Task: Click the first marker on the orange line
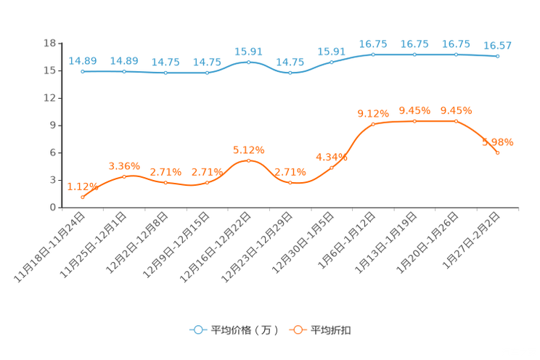(83, 197)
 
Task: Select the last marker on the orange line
(498, 152)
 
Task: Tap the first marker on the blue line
(83, 71)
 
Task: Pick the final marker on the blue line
(497, 56)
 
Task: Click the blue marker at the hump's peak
(249, 62)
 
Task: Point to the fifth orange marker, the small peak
(249, 160)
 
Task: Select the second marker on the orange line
(125, 176)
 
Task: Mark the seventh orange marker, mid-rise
(332, 167)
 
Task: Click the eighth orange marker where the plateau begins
(373, 123)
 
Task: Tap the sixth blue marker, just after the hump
(290, 72)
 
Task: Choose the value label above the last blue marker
(498, 46)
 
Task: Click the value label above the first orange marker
(81, 187)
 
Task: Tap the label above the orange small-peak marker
(249, 150)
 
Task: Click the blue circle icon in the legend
(198, 330)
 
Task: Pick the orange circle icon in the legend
(298, 330)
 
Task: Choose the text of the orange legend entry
(331, 330)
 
